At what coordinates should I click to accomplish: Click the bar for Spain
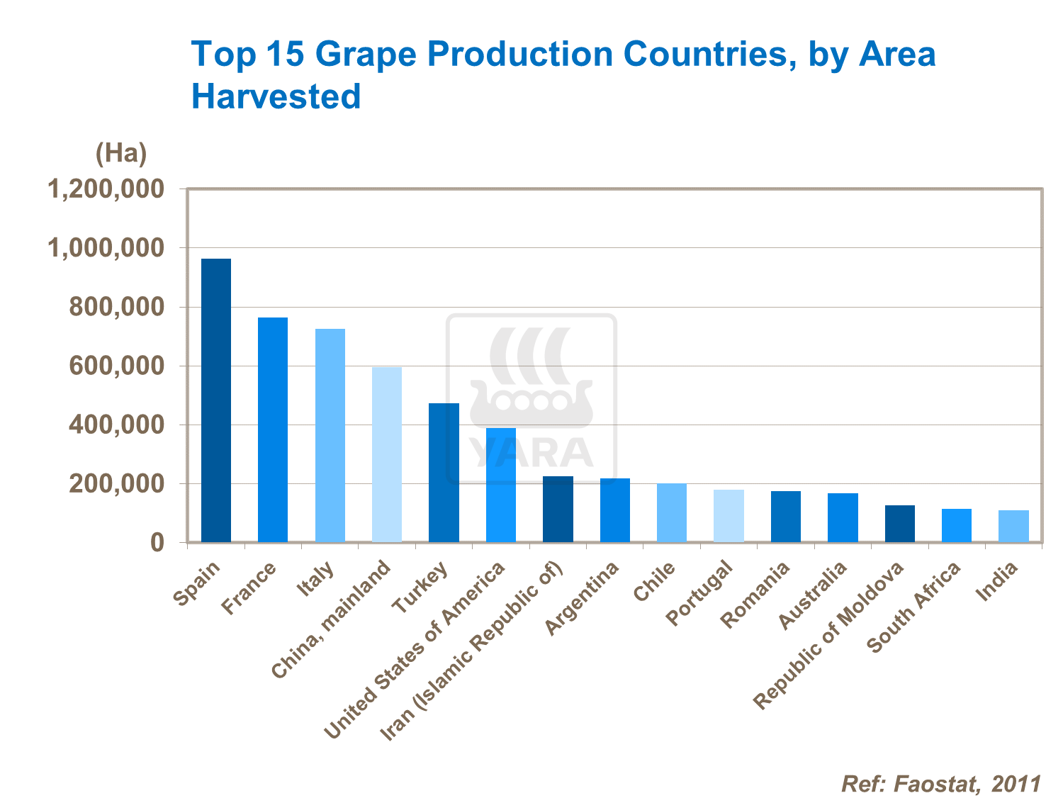click(x=216, y=400)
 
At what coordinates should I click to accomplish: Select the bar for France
click(x=273, y=429)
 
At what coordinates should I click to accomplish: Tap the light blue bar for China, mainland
click(x=387, y=454)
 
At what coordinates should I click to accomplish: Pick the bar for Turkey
click(x=444, y=473)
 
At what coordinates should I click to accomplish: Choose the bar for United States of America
click(x=501, y=485)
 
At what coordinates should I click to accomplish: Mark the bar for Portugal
click(x=729, y=516)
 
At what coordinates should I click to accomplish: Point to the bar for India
click(x=1013, y=526)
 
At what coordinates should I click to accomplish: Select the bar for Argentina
click(x=615, y=510)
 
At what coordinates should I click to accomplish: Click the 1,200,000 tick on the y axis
click(x=106, y=189)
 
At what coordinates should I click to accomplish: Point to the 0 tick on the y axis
click(x=157, y=543)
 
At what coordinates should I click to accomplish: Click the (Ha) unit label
click(x=121, y=152)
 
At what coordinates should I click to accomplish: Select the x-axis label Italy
click(x=316, y=580)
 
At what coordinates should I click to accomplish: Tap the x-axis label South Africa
click(x=914, y=607)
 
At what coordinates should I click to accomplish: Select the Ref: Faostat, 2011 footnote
click(x=941, y=784)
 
